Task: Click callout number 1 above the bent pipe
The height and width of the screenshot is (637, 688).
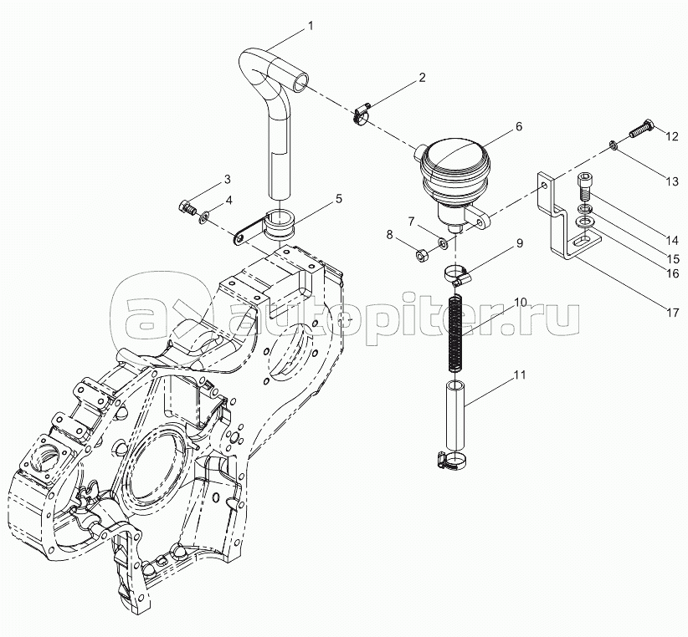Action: [x=311, y=26]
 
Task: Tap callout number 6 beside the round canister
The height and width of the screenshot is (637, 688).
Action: [x=519, y=126]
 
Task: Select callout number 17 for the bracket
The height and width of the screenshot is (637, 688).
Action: [x=673, y=313]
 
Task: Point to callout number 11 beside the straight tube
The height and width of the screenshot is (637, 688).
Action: [x=520, y=375]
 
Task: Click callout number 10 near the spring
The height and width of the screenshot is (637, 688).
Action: [x=521, y=303]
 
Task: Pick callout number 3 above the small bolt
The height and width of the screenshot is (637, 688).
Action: [x=228, y=179]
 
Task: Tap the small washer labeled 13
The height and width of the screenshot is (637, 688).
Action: [x=613, y=145]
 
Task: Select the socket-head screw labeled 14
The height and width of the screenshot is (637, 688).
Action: [x=583, y=186]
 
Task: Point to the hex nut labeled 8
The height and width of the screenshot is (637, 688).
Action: [x=421, y=254]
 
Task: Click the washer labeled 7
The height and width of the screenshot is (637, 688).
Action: [x=442, y=242]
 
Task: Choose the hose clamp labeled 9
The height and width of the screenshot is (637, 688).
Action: [x=458, y=276]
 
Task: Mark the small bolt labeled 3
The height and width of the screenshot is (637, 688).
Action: [x=188, y=207]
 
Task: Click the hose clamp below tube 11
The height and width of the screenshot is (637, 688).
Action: [x=451, y=460]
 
